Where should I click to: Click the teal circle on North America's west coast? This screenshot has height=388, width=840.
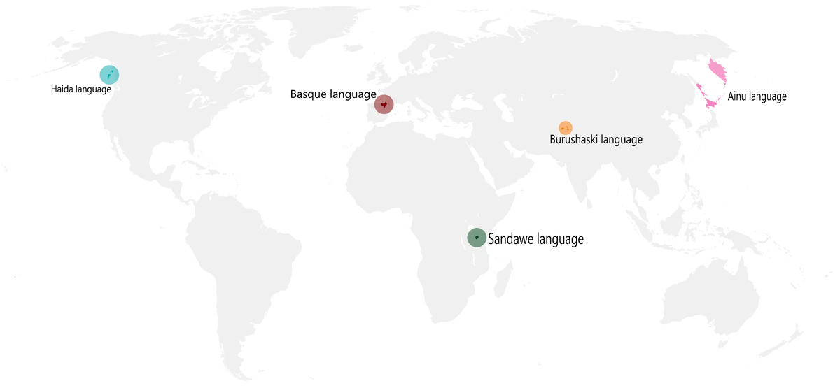pos(107,73)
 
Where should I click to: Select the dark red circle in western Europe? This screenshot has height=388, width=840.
pos(384,105)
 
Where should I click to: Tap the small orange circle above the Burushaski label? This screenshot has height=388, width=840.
pos(565,127)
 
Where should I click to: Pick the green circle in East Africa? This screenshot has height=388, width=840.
pos(477,237)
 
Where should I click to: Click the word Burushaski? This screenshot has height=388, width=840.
pos(572,140)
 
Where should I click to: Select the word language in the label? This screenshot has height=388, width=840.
pos(619,141)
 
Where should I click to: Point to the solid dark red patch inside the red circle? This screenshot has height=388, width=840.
pos(381,102)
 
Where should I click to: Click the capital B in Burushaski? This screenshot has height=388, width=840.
pos(552,140)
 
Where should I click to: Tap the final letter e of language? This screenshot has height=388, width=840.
pos(639,141)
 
